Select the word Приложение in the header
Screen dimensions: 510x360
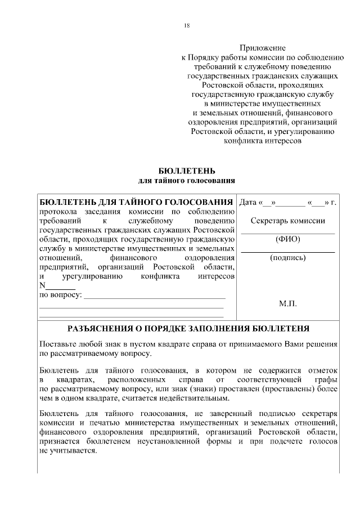tap(263, 48)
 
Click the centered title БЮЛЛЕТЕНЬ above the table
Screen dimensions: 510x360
tap(187, 171)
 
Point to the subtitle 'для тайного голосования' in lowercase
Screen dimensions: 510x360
tap(187, 180)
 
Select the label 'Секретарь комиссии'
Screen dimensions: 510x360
tap(287, 221)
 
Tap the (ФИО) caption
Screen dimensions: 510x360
tap(288, 239)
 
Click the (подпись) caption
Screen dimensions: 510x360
tap(288, 258)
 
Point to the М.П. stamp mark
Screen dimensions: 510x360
tap(288, 303)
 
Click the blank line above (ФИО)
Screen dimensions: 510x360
tap(288, 232)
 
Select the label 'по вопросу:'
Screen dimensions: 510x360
tap(59, 295)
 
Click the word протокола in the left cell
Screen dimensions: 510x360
tap(58, 212)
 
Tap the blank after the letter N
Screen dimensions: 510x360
tap(56, 286)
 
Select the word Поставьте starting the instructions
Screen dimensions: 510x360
tap(59, 344)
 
